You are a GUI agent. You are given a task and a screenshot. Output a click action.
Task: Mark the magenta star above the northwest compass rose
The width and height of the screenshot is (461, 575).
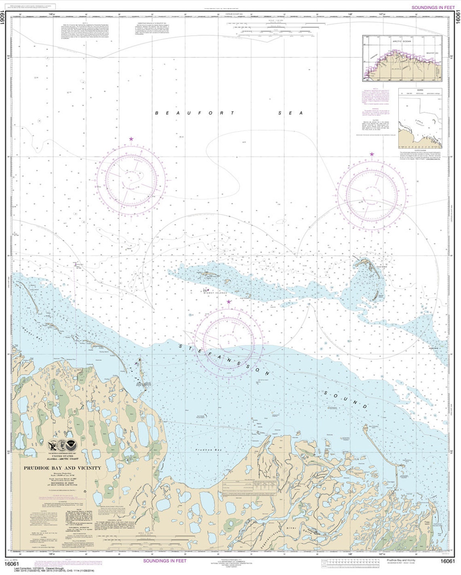(131, 139)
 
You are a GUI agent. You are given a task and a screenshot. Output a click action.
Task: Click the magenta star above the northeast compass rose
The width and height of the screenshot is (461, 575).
(372, 154)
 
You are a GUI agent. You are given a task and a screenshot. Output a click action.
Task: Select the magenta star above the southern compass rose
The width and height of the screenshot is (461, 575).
(229, 302)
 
